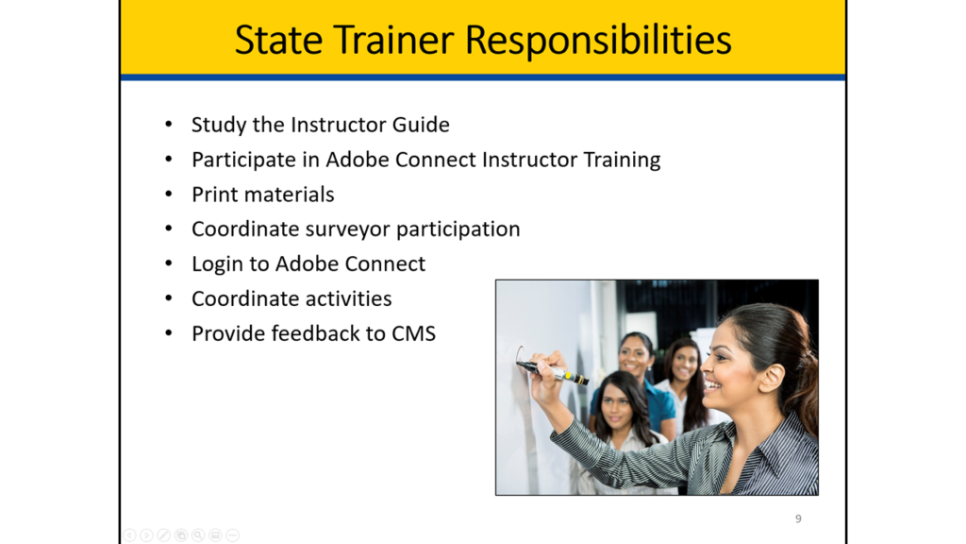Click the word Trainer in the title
click(x=394, y=40)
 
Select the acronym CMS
click(x=413, y=333)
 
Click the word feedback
click(x=315, y=333)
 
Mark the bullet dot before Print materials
click(x=169, y=195)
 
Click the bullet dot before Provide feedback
click(x=169, y=333)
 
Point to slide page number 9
click(x=798, y=518)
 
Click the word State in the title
click(x=278, y=40)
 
